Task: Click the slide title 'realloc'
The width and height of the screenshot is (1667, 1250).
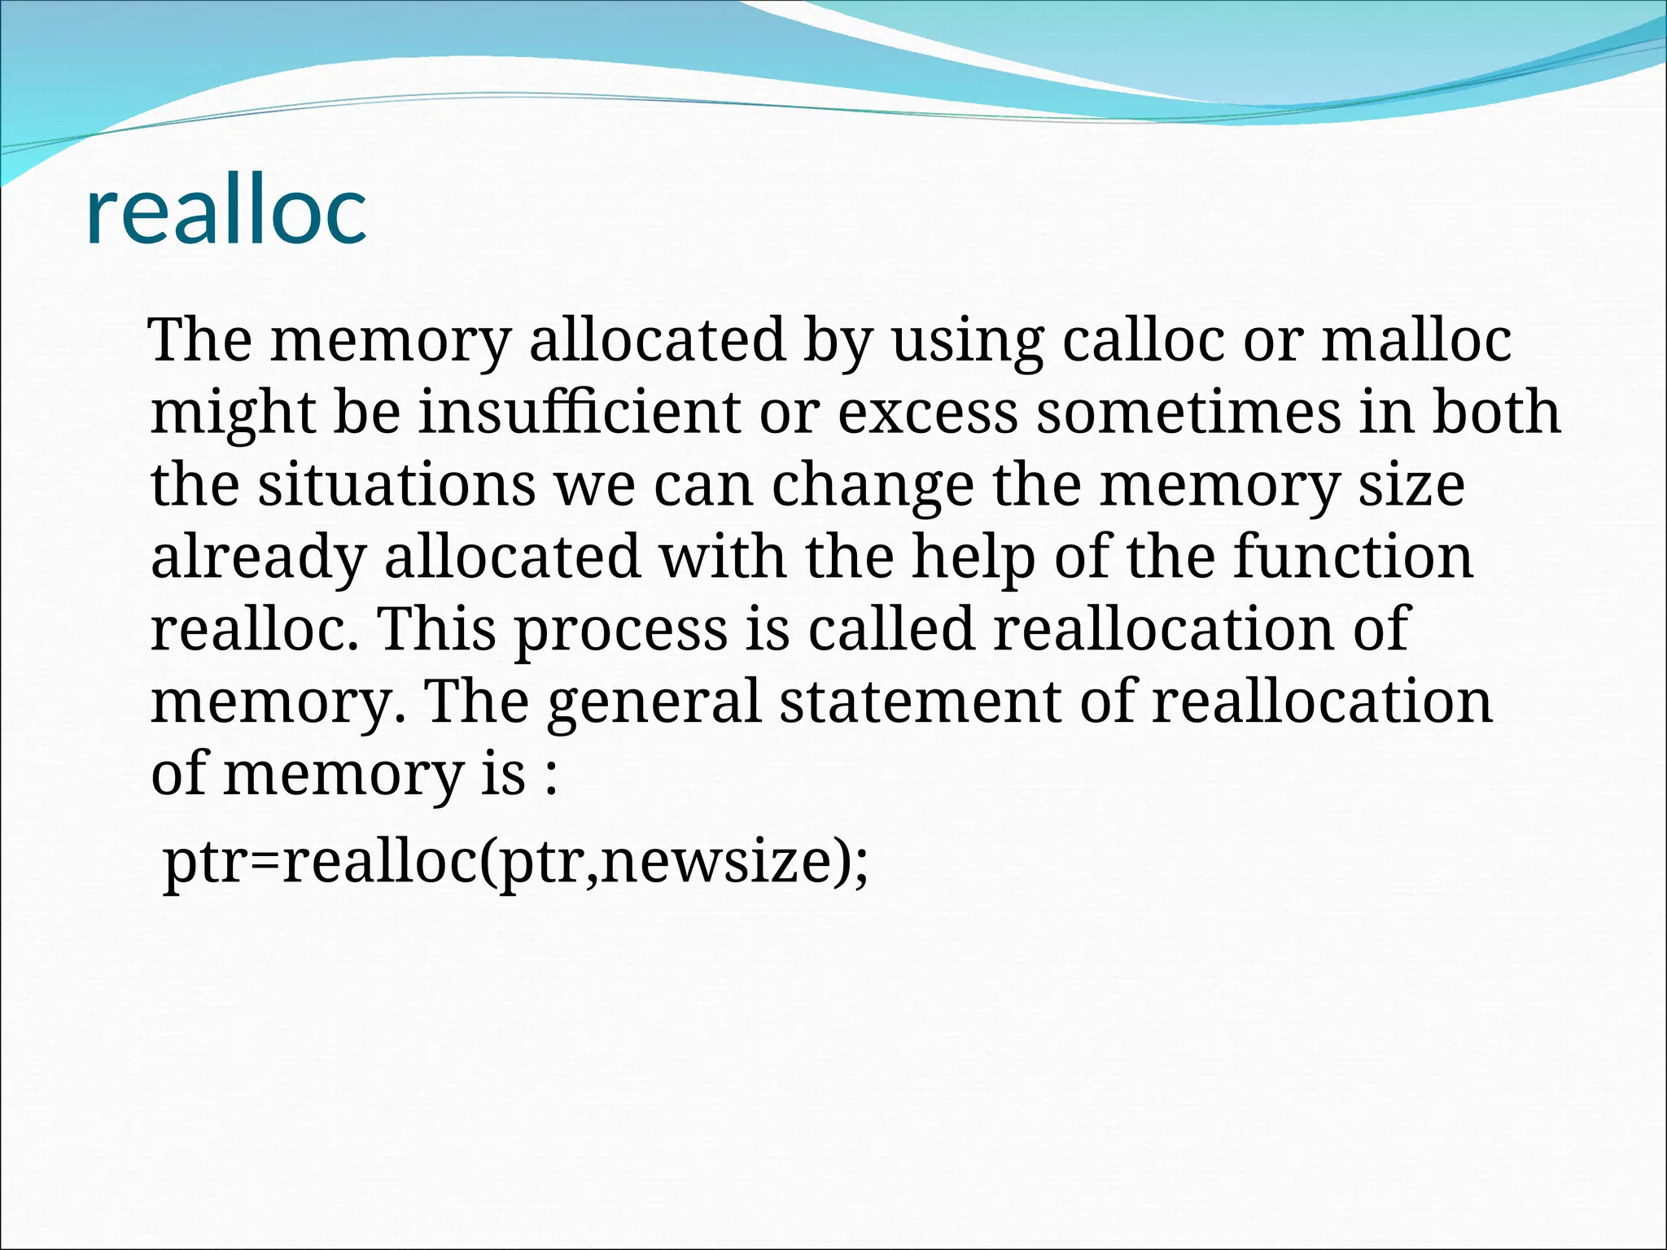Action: coord(225,212)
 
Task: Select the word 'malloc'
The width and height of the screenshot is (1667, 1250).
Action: coord(1416,340)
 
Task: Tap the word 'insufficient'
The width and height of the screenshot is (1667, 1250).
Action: coord(579,412)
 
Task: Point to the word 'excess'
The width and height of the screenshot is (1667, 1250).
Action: coord(927,412)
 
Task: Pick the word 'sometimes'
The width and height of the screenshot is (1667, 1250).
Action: coord(1188,412)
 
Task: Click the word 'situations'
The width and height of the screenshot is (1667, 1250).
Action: coord(396,484)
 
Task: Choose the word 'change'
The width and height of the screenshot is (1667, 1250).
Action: coord(872,486)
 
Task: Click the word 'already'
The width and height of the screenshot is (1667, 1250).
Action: coord(258,558)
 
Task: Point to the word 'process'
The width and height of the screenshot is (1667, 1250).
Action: coord(621,631)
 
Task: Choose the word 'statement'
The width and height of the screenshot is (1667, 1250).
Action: coord(920,701)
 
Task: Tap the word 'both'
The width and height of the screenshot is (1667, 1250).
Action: coord(1495,412)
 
